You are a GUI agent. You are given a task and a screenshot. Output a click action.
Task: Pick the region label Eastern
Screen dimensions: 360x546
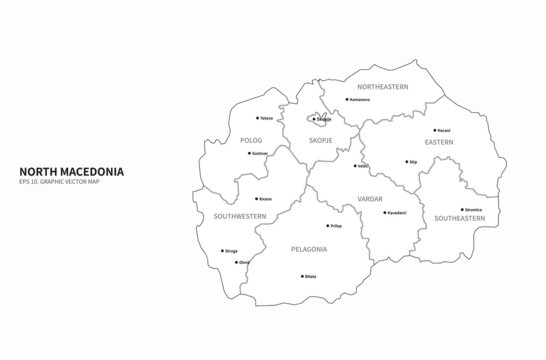(438, 142)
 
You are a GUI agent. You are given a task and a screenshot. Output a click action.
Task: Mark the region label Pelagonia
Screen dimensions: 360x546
(310, 247)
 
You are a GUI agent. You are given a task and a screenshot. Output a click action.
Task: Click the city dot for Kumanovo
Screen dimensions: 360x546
(346, 99)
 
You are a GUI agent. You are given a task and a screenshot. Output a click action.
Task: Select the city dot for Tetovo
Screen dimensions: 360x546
(257, 118)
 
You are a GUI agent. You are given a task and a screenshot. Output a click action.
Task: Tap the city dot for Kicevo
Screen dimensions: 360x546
(256, 199)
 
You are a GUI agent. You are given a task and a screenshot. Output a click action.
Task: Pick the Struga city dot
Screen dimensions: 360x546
(222, 251)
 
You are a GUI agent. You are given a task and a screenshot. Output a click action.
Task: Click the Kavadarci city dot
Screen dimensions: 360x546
(385, 212)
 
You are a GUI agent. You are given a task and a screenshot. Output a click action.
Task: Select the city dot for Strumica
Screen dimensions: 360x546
(462, 209)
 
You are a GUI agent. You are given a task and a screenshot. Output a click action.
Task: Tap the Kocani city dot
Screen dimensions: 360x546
(434, 130)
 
